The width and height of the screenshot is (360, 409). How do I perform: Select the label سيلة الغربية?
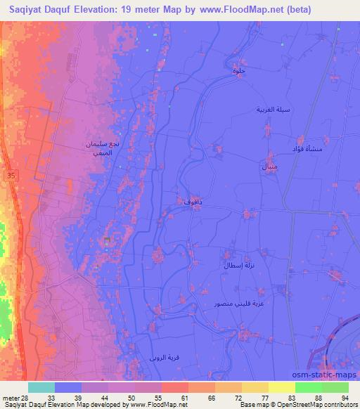pos(273,110)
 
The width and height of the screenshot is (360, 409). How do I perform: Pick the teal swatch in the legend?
pos(41,387)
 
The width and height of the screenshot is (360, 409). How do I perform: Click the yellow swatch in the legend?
pos(281,387)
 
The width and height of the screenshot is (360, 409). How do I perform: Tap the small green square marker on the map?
pos(107,240)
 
